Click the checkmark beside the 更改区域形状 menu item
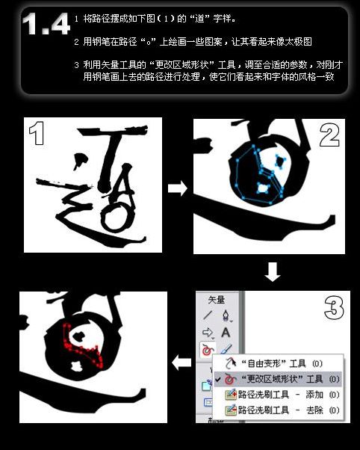pyautogui.click(x=217, y=379)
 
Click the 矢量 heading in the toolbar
pyautogui.click(x=216, y=299)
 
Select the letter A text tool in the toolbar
pyautogui.click(x=226, y=332)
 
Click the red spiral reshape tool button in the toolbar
pyautogui.click(x=208, y=349)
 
